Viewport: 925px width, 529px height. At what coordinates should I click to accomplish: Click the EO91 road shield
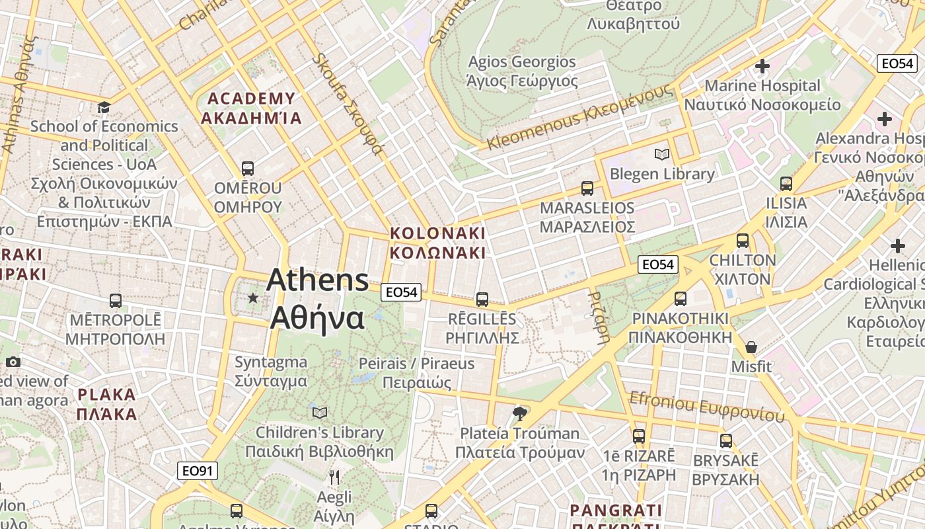coord(198,471)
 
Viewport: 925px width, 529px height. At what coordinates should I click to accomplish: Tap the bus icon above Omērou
coord(248,169)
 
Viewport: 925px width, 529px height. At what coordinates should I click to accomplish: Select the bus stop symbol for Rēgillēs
coord(482,300)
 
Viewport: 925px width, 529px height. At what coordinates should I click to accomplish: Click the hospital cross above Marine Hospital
coord(762,66)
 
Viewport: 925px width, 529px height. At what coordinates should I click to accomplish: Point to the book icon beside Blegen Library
coord(661,155)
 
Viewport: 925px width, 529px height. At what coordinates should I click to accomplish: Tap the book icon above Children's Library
coord(320,413)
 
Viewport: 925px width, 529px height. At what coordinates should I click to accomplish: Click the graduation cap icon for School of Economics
coord(104,107)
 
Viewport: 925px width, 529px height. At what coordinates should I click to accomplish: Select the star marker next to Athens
coord(253,298)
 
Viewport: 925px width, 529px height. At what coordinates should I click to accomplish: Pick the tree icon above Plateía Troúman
coord(520,414)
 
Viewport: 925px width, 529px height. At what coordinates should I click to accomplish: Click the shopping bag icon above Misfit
coord(751,347)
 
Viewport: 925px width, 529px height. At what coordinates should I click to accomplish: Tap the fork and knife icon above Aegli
coord(334,477)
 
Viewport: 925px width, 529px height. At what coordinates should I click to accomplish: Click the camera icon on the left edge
coord(13,362)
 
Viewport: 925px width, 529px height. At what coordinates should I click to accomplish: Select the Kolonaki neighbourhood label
coord(437,243)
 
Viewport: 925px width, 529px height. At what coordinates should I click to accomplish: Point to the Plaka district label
coord(106,405)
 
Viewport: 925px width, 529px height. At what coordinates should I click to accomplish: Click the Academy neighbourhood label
coord(251,108)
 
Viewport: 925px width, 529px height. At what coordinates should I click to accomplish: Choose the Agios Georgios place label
coord(522,71)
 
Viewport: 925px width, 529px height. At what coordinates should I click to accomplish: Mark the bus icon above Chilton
coord(743,241)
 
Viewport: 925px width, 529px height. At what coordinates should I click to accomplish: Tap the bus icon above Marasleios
coord(587,188)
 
